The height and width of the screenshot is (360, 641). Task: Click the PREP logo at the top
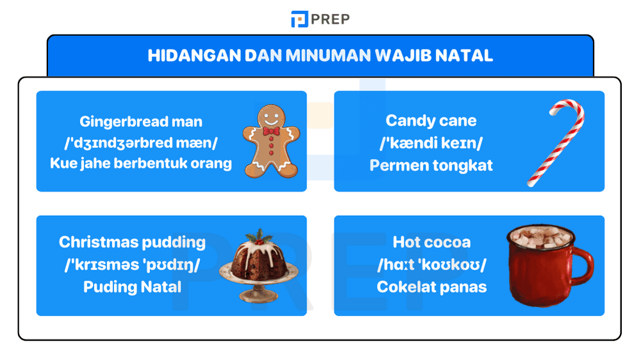pos(320,19)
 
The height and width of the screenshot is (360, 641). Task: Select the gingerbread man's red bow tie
pos(271,132)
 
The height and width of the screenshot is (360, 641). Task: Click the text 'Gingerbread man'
pos(141,121)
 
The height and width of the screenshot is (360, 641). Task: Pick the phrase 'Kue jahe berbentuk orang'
pos(141,163)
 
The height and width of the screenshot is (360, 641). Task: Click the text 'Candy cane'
pos(431,120)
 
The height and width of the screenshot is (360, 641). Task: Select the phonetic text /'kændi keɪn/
pos(431,142)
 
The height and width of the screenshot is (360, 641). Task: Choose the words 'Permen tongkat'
pos(431,165)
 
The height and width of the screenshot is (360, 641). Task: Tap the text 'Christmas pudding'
pos(132,242)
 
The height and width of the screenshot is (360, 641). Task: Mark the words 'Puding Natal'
pos(132,287)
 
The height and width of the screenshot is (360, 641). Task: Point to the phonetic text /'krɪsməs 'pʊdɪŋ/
pos(132,265)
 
